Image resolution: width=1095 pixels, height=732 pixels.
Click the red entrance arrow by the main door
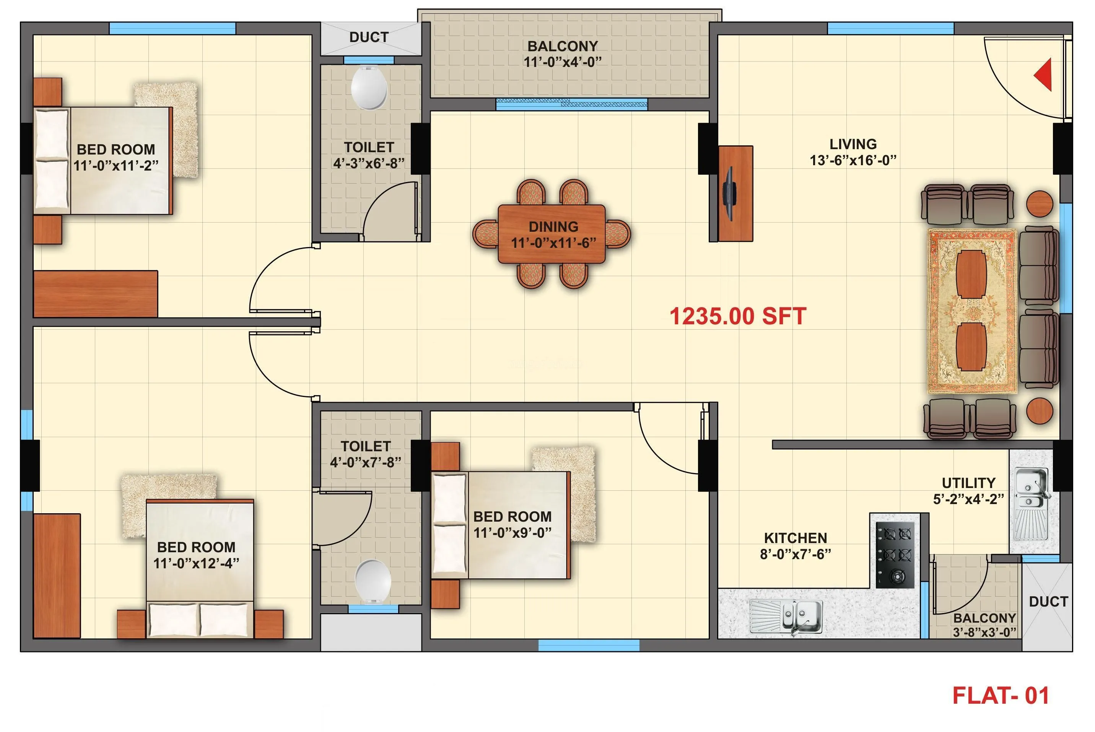1044,74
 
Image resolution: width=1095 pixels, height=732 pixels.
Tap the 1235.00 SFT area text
737,317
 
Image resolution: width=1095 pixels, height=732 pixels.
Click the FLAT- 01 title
1001,696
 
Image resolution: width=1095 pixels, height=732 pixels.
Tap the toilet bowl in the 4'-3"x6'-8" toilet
369,88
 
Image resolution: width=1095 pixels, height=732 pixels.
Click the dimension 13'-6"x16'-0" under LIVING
853,161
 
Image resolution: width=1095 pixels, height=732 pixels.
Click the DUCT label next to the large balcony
369,37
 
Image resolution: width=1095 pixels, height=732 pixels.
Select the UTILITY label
968,483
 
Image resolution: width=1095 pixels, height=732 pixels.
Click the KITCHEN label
796,538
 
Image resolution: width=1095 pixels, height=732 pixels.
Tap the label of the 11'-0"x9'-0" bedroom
512,516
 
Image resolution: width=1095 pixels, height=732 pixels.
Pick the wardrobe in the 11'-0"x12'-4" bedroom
57,576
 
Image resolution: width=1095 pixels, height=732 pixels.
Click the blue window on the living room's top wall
890,28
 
